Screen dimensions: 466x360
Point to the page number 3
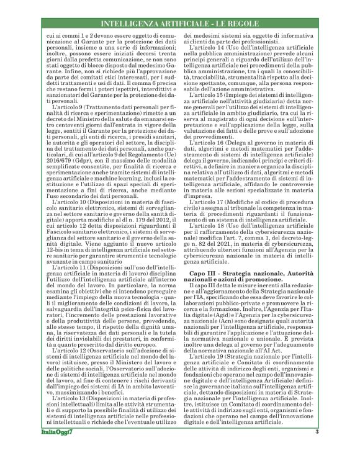(x=316, y=449)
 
